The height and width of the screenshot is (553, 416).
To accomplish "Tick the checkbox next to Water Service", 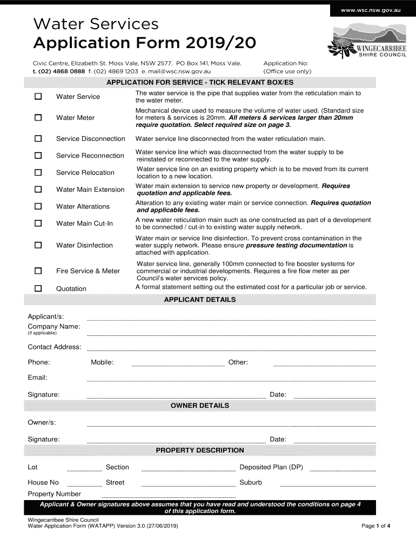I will (38, 97).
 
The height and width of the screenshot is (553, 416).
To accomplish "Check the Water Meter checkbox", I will (38, 118).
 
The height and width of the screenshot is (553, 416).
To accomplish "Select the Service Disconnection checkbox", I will (38, 139).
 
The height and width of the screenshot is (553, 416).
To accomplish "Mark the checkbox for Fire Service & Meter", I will (38, 271).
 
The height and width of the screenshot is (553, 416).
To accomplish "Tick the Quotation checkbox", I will (38, 288).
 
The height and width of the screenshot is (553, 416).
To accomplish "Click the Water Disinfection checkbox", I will (38, 245).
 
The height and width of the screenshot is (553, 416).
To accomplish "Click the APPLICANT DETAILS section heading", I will (199, 300).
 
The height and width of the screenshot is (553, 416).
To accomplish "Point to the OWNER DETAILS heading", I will (199, 406).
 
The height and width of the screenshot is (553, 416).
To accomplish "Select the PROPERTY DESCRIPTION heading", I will (199, 450).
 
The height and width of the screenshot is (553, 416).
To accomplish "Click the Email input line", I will (231, 381).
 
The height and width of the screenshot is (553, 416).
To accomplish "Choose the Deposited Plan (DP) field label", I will (271, 467).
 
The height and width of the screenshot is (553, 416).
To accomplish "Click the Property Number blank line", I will (169, 496).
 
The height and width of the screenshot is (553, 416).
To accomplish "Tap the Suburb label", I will (251, 482).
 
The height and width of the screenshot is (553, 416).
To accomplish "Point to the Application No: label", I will (285, 63).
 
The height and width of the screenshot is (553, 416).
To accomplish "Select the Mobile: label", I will (102, 362).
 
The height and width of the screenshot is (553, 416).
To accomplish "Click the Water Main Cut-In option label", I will (84, 223).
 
